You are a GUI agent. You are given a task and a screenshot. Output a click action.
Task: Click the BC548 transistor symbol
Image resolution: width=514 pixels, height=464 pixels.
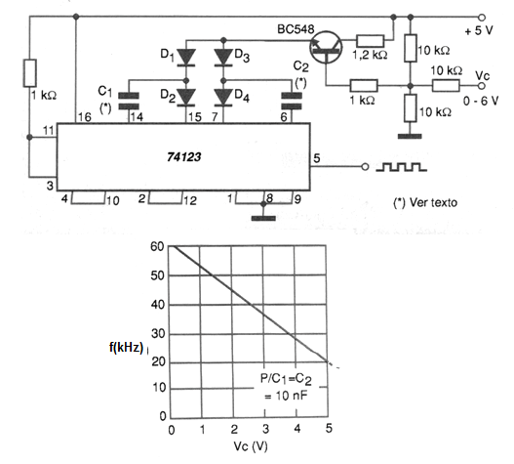point(326,47)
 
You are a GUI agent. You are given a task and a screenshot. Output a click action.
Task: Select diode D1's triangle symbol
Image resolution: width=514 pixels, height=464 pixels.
point(186,58)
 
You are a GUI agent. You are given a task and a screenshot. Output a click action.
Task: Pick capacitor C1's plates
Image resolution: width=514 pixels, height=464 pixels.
point(129,101)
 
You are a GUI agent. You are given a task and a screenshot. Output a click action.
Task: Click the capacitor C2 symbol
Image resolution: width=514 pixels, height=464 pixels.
point(292,101)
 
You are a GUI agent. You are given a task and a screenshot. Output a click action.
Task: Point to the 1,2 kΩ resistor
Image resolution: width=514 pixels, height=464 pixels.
point(370,41)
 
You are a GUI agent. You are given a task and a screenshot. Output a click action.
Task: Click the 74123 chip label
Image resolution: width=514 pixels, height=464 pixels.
point(183,157)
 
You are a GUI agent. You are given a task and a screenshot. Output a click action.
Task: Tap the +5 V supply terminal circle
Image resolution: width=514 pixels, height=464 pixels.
point(482,17)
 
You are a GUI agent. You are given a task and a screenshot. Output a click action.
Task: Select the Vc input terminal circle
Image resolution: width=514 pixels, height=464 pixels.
point(482,86)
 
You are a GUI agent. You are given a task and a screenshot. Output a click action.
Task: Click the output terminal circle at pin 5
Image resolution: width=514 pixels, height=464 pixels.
point(365,167)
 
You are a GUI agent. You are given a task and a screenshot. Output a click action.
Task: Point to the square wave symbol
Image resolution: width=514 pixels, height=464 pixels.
point(401,167)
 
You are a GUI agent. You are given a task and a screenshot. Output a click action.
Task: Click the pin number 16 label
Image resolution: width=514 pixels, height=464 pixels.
point(85,117)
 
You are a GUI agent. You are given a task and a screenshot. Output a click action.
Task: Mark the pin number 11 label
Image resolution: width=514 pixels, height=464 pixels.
point(49,131)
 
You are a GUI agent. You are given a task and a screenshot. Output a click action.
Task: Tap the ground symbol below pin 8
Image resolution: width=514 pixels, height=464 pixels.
point(263,218)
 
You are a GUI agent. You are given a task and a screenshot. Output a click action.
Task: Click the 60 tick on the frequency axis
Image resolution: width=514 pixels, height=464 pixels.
point(157,246)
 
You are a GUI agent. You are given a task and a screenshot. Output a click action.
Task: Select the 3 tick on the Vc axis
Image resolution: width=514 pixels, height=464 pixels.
point(265,429)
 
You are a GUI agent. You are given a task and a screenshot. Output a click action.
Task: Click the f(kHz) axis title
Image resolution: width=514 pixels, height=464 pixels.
point(126,347)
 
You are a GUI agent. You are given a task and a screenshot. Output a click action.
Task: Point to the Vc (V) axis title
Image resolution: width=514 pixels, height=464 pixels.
point(251,446)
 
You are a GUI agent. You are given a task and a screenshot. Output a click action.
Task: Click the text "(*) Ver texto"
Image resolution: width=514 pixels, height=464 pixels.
point(425,202)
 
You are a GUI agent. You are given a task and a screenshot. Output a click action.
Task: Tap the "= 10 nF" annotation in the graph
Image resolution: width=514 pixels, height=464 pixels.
point(286,396)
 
